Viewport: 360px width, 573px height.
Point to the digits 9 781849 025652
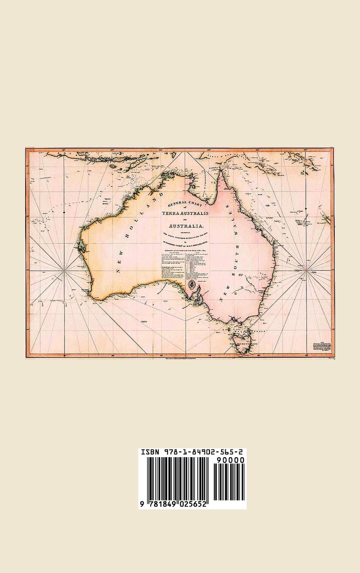173,504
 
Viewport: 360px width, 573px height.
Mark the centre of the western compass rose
64,268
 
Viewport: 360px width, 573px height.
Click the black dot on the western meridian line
64,212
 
